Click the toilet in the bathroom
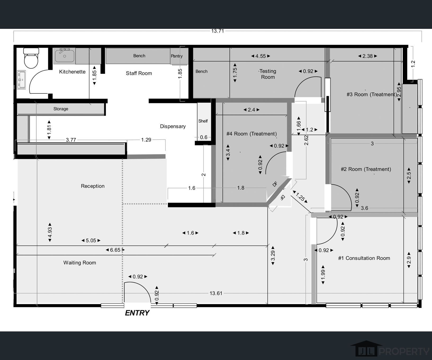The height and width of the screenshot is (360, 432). pyautogui.click(x=31, y=58)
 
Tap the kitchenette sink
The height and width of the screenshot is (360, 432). pyautogui.click(x=64, y=56)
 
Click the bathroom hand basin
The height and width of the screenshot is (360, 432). pyautogui.click(x=21, y=79)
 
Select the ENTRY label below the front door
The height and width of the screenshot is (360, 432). pyautogui.click(x=137, y=313)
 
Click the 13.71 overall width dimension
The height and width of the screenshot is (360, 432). pyautogui.click(x=217, y=31)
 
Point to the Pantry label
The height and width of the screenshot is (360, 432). pyautogui.click(x=177, y=56)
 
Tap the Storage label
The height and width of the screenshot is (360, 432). pyautogui.click(x=61, y=109)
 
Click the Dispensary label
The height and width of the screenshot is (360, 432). pyautogui.click(x=173, y=126)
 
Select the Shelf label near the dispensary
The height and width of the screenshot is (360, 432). pyautogui.click(x=203, y=121)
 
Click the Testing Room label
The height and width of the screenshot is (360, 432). pyautogui.click(x=268, y=74)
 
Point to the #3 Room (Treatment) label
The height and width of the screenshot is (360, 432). pyautogui.click(x=371, y=94)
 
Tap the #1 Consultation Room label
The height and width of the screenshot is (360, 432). pyautogui.click(x=364, y=258)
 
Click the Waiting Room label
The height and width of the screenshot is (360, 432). pyautogui.click(x=79, y=263)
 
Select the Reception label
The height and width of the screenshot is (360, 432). pyautogui.click(x=93, y=186)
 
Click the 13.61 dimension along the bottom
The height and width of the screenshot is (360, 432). pyautogui.click(x=216, y=293)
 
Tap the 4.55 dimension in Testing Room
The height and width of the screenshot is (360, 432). pyautogui.click(x=260, y=56)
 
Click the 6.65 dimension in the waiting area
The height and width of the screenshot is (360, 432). pyautogui.click(x=115, y=250)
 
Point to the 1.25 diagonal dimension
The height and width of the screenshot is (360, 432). pyautogui.click(x=300, y=197)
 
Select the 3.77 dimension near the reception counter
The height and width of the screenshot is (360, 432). pyautogui.click(x=71, y=140)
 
